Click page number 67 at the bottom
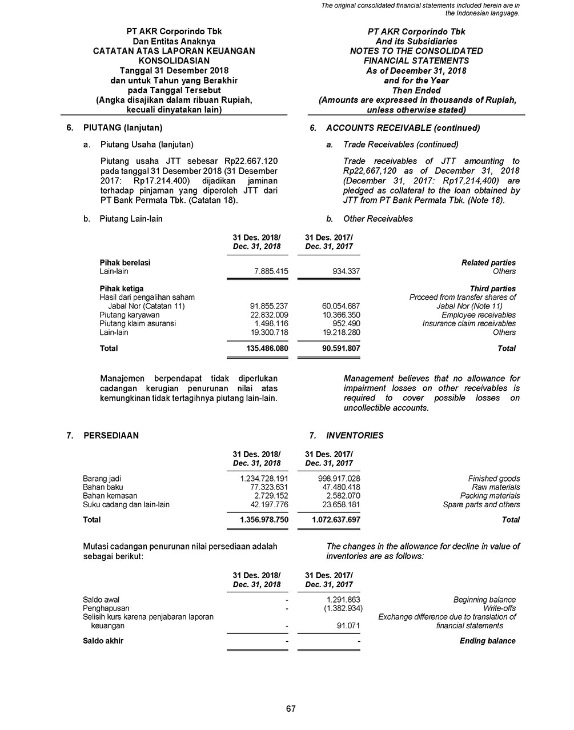pos(291,709)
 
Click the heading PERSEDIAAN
pos(111,435)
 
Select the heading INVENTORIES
pos(355,435)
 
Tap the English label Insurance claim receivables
pos(469,323)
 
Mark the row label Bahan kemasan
pos(110,496)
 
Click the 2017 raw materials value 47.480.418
pos(339,487)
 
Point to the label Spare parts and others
pos(481,504)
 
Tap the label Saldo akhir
pos(103,641)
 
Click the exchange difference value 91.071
pos(348,626)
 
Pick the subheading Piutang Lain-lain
pos(131,219)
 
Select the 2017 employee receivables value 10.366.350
pos(341,315)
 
